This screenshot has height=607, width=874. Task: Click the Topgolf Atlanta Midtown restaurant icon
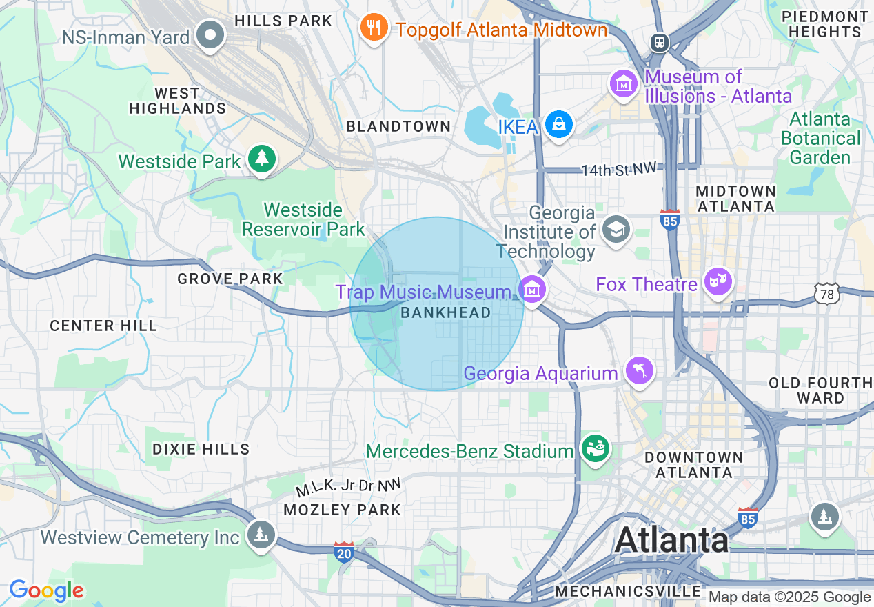point(374,28)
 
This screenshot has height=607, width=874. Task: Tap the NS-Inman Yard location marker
point(210,34)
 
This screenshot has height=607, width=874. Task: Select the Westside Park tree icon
point(261,159)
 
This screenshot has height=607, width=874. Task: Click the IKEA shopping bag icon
point(559,125)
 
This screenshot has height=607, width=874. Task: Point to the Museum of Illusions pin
point(624,83)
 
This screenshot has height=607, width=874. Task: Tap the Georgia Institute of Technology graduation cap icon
point(616,229)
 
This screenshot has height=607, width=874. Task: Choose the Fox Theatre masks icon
point(718,281)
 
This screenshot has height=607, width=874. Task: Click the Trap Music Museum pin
point(531,290)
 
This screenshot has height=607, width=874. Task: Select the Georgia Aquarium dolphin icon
point(639,371)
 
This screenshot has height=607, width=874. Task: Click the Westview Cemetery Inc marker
point(261,535)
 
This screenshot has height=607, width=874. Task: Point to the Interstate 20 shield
point(344,552)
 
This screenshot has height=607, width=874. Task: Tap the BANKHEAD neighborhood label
point(445,312)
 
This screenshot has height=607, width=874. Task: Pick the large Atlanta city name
point(671,540)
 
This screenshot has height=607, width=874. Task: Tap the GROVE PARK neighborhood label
point(230,279)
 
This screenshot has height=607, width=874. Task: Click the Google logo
point(47,590)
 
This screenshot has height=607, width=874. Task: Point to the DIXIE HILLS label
point(201,449)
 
